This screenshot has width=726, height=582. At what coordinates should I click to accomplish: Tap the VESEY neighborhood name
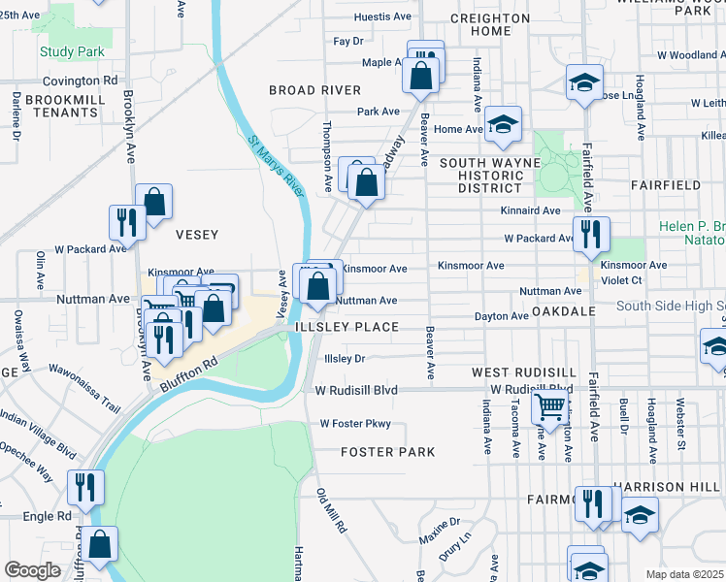click(x=196, y=234)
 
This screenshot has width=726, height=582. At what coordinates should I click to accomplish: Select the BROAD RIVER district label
click(x=309, y=90)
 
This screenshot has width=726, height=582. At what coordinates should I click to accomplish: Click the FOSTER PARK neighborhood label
click(x=387, y=452)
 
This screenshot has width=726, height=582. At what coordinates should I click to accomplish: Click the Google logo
click(x=32, y=570)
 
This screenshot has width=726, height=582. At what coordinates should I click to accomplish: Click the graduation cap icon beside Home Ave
click(x=503, y=123)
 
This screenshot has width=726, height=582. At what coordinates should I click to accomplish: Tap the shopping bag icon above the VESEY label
click(x=153, y=201)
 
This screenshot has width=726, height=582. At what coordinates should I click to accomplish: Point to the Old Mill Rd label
click(x=331, y=511)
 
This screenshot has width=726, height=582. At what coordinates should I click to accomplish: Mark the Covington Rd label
click(x=85, y=81)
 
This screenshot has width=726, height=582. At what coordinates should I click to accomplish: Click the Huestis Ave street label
click(x=383, y=17)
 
